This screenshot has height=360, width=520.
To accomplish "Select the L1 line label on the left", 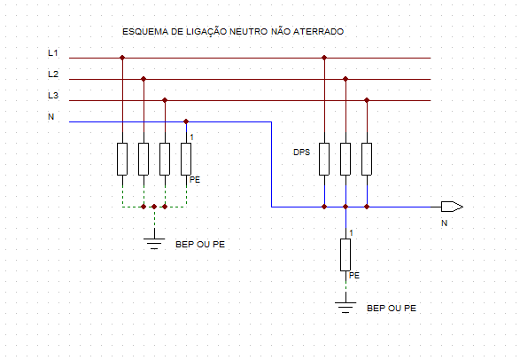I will point(53,53).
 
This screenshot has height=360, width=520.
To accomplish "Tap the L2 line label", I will point(53,74).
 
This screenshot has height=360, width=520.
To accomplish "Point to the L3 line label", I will point(53,96).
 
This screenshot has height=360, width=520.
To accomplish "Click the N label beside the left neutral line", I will point(51,116).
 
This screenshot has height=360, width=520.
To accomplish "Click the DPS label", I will point(301,153).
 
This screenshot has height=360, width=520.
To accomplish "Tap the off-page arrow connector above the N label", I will point(452,207).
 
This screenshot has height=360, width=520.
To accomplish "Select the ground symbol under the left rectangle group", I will point(154,239).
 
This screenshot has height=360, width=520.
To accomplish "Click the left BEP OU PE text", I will point(199,244).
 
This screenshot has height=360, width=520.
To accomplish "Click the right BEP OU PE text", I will point(391,309).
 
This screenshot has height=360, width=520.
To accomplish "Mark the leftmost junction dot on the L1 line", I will point(122,59).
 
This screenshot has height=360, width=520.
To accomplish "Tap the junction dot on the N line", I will point(186,121).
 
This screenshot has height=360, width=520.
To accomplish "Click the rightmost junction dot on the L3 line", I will point(367,100).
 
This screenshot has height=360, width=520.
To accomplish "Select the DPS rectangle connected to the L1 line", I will point(324,159).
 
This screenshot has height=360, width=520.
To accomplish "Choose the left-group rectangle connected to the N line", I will point(186,159).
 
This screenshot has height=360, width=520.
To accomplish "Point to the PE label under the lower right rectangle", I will point(354,276).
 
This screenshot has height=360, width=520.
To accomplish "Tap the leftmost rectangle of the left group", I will point(122,159).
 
